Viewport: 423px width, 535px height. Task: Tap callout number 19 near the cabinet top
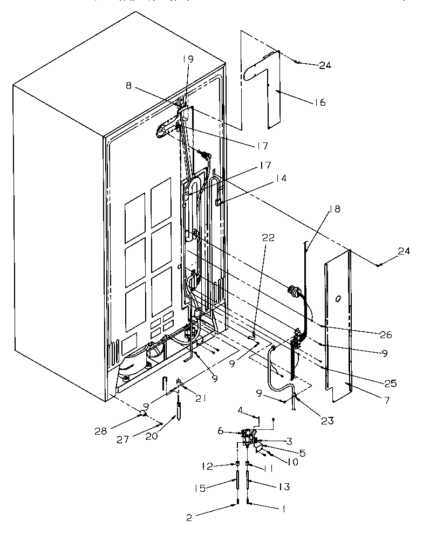pos(187,59)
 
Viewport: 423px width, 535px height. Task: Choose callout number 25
pos(391,383)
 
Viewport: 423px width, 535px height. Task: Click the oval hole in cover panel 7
pos(338,298)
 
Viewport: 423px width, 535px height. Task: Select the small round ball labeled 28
pos(142,413)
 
